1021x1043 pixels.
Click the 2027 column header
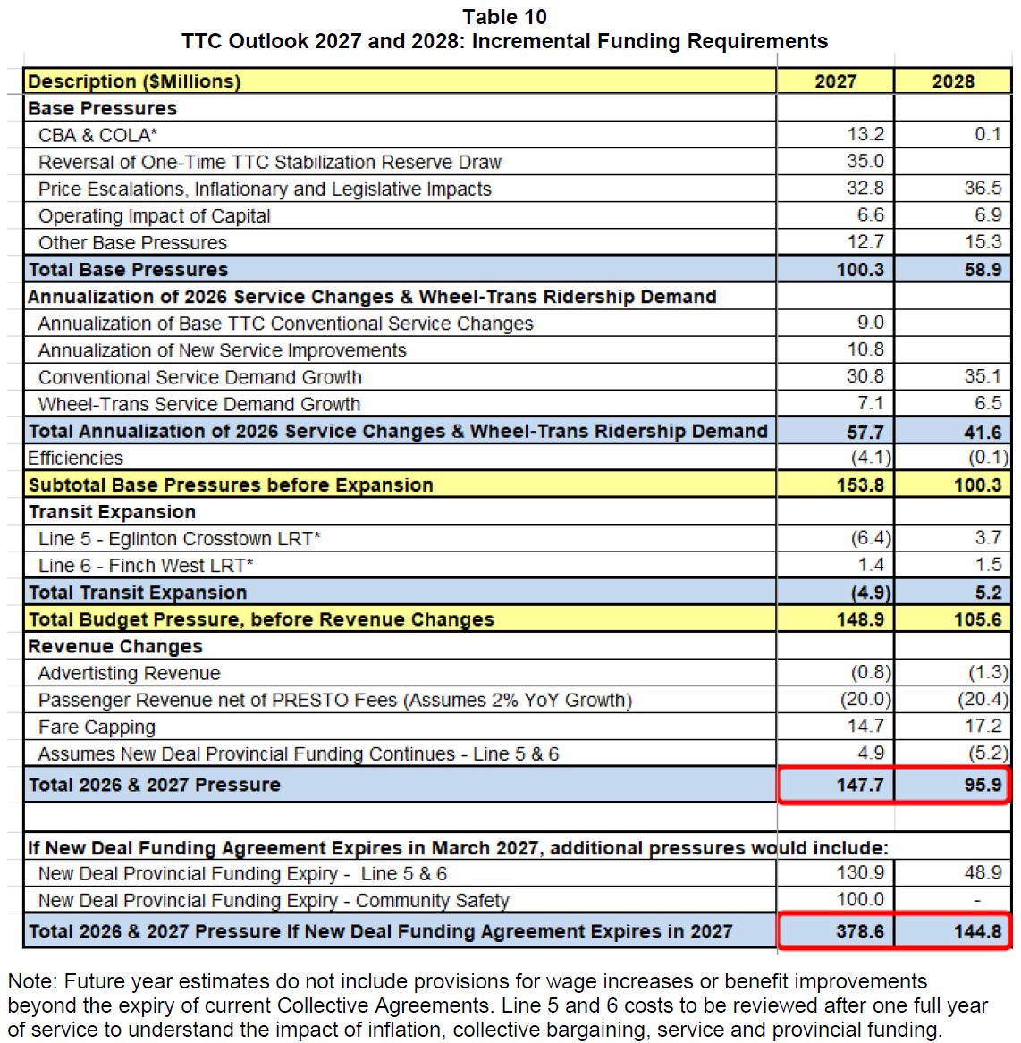pos(835,81)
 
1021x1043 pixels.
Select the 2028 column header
pos(953,81)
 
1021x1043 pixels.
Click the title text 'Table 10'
pos(504,17)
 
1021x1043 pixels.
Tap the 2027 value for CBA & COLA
pos(865,135)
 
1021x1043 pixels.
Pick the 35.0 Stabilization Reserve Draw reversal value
pos(865,162)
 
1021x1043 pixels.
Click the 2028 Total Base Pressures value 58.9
pos(983,270)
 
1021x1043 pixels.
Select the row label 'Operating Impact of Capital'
pos(154,216)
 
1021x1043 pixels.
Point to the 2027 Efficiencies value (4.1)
pos(870,458)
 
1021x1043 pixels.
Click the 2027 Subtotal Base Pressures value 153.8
pos(859,485)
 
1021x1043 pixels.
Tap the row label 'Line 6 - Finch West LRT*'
pos(146,566)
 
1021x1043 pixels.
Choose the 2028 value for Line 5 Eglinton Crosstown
pos(988,538)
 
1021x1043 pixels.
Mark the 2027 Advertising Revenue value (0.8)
pos(870,673)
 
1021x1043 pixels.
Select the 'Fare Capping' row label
pos(97,727)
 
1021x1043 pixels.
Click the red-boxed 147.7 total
pos(859,785)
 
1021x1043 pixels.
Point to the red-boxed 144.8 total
pos(977,931)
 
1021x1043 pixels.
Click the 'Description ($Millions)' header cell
pos(134,81)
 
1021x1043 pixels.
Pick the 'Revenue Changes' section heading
pos(115,646)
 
